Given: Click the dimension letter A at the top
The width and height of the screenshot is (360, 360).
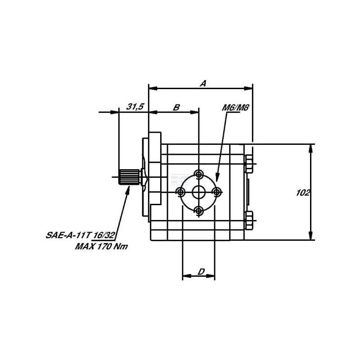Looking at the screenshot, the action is pyautogui.click(x=203, y=83).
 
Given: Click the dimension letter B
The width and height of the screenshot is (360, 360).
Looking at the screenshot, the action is pyautogui.click(x=176, y=108).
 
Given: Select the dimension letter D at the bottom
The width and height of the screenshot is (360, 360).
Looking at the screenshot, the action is pyautogui.click(x=201, y=272).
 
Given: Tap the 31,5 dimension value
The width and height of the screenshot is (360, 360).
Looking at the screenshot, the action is pyautogui.click(x=135, y=107).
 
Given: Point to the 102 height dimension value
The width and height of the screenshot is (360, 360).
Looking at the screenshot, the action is pyautogui.click(x=303, y=193).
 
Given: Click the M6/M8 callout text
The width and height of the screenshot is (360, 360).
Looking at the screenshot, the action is pyautogui.click(x=235, y=108).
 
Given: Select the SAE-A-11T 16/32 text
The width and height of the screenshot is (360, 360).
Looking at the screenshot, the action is pyautogui.click(x=81, y=235).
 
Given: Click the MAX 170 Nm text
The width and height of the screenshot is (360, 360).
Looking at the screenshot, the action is pyautogui.click(x=101, y=247).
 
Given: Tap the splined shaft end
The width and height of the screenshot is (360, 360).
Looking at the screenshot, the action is pyautogui.click(x=129, y=177).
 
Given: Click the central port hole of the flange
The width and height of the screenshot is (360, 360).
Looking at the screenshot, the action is pyautogui.click(x=199, y=192).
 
